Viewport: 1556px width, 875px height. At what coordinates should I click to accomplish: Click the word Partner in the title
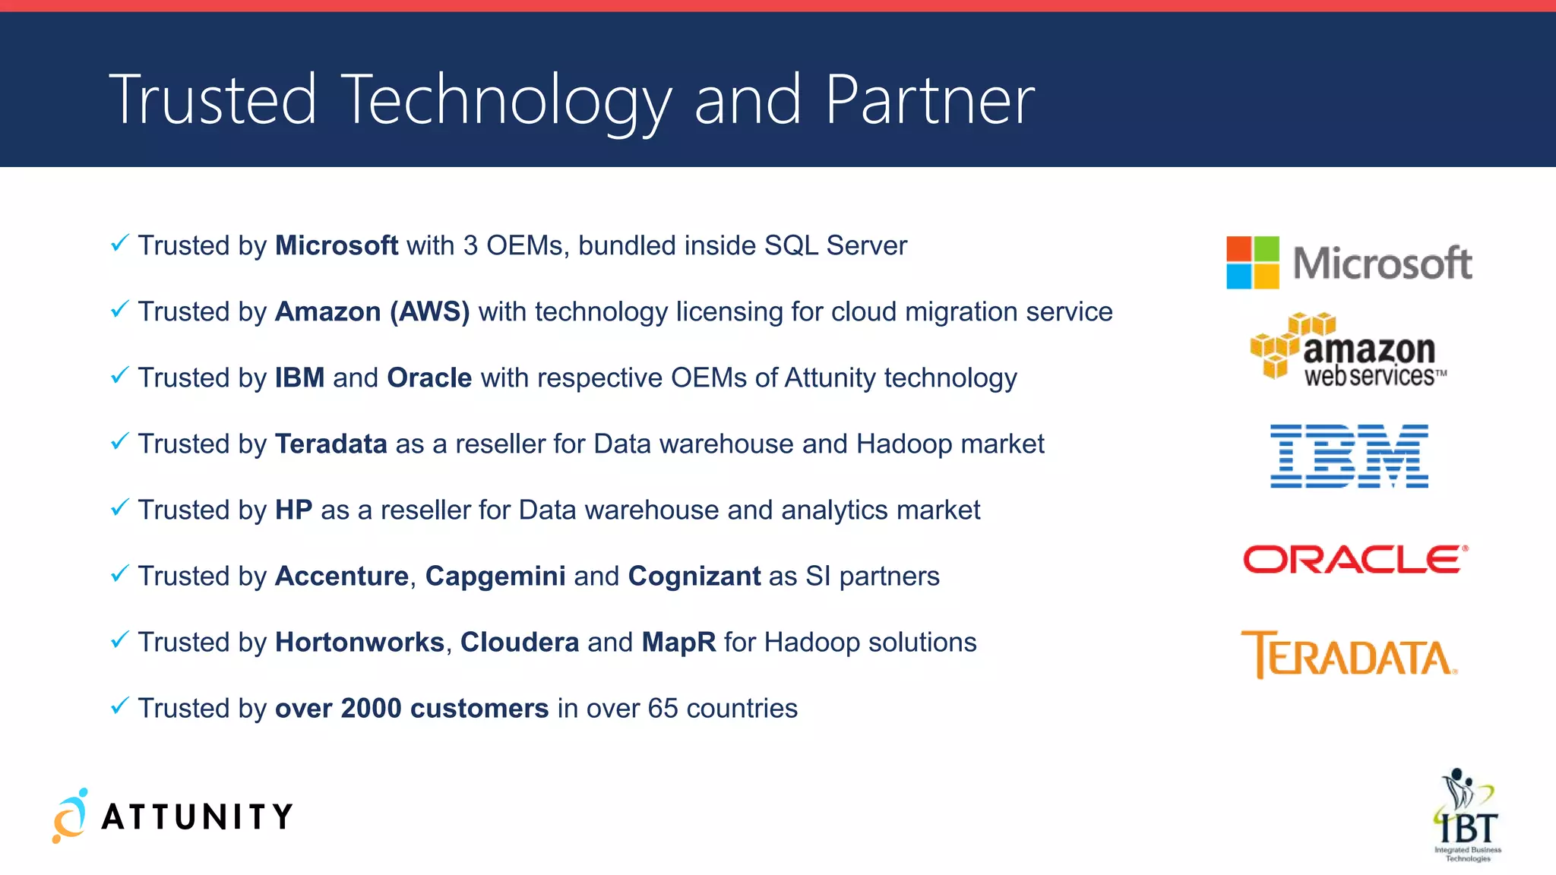pyautogui.click(x=929, y=100)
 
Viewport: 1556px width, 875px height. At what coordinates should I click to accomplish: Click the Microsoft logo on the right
pyautogui.click(x=1349, y=263)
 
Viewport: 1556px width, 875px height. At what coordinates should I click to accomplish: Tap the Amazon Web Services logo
pyautogui.click(x=1349, y=350)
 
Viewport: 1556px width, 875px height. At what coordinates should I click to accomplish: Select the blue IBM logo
pyautogui.click(x=1349, y=456)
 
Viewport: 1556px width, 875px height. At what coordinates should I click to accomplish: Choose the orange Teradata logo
pyautogui.click(x=1349, y=655)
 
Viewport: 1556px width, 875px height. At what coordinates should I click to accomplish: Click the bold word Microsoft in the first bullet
pyautogui.click(x=337, y=246)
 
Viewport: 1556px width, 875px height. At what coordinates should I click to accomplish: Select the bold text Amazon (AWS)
pyautogui.click(x=372, y=312)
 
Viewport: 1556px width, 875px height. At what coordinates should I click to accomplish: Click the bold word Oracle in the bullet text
pyautogui.click(x=429, y=378)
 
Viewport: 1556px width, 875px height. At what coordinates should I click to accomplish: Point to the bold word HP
pyautogui.click(x=293, y=510)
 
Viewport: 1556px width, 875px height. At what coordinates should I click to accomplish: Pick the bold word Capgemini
pyautogui.click(x=495, y=576)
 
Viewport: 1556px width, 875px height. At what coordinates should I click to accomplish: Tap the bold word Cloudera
pyautogui.click(x=520, y=643)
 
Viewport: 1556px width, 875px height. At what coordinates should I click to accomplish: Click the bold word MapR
pyautogui.click(x=678, y=643)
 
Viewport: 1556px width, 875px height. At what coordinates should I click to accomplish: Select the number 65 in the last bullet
pyautogui.click(x=663, y=709)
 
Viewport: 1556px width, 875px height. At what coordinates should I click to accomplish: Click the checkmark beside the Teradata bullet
pyautogui.click(x=120, y=442)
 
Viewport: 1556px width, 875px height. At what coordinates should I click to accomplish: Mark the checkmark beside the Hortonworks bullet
pyautogui.click(x=120, y=640)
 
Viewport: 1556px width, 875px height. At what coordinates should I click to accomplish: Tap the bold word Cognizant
pyautogui.click(x=694, y=576)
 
